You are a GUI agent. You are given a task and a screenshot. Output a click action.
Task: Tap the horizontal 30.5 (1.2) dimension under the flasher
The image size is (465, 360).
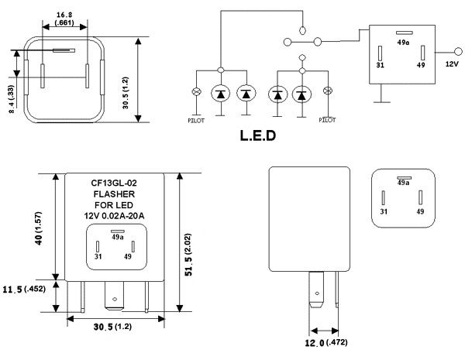point(114,327)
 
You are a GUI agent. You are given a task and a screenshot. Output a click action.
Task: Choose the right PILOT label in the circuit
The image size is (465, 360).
point(328,120)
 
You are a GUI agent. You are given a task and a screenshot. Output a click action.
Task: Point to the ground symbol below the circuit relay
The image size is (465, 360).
point(380,98)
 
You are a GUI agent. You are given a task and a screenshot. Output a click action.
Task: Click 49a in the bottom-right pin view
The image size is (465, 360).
point(403,183)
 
